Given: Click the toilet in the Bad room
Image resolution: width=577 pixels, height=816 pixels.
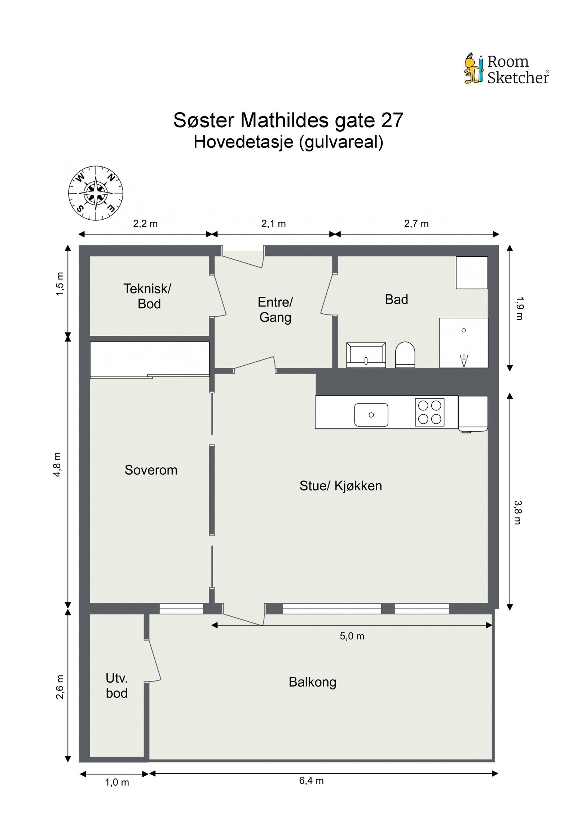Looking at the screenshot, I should click(x=405, y=354).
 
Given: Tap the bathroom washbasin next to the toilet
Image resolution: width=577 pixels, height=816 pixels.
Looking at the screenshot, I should click(x=366, y=355).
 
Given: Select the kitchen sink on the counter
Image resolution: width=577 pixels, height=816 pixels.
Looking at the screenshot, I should click(x=371, y=415).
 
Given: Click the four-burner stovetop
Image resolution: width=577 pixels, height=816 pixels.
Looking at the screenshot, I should click(x=429, y=412).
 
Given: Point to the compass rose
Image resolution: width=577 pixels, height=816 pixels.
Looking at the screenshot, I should click(x=96, y=193).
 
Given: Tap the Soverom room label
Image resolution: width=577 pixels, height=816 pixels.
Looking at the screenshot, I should click(x=151, y=470).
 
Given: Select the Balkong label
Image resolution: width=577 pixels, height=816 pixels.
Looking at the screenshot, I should click(x=312, y=682).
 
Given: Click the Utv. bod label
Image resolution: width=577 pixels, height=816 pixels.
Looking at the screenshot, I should click(x=116, y=685).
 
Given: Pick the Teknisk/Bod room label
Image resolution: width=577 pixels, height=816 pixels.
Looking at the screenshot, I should click(x=147, y=296).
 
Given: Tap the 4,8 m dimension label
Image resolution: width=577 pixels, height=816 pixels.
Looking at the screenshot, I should click(x=58, y=464).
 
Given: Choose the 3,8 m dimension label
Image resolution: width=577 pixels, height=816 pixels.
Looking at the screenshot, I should click(x=517, y=512).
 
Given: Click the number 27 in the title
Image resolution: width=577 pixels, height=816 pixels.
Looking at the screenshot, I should click(x=392, y=120).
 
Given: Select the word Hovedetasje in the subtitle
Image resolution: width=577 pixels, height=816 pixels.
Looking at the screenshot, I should click(x=243, y=142).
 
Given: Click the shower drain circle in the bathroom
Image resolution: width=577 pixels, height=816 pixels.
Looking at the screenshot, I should click(x=464, y=330).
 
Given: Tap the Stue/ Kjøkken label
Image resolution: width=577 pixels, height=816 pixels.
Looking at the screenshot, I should click(x=340, y=486).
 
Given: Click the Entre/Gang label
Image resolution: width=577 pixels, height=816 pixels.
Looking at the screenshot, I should click(x=275, y=310).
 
